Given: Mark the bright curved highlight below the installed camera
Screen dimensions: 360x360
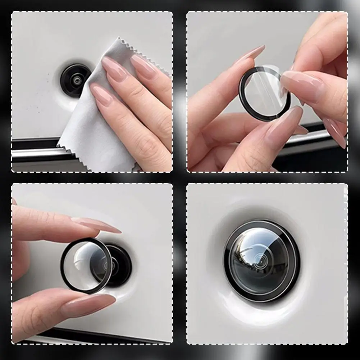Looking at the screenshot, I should coord(263,316).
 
